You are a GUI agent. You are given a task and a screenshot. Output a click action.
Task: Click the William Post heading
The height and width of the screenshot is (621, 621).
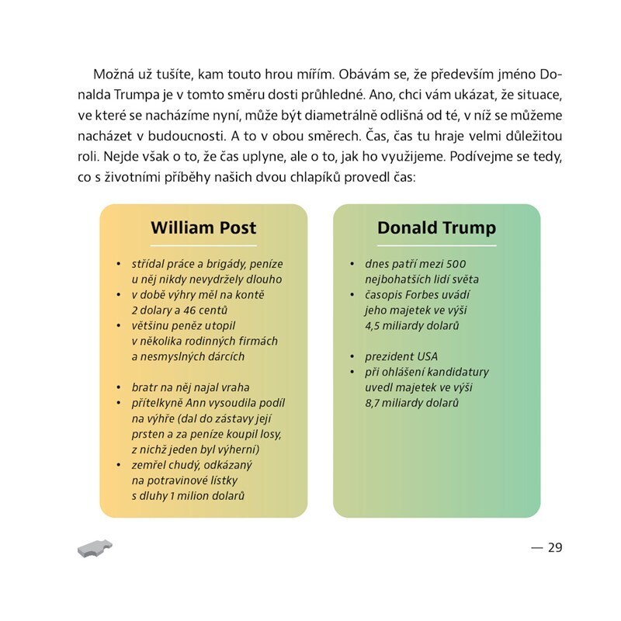click(x=203, y=228)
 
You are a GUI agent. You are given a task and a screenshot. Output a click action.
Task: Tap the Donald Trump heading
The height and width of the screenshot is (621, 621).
click(x=436, y=228)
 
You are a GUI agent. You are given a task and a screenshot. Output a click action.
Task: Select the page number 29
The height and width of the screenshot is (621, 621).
click(x=554, y=547)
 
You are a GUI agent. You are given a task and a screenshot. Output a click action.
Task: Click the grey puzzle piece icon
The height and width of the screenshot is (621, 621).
click(x=95, y=547)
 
